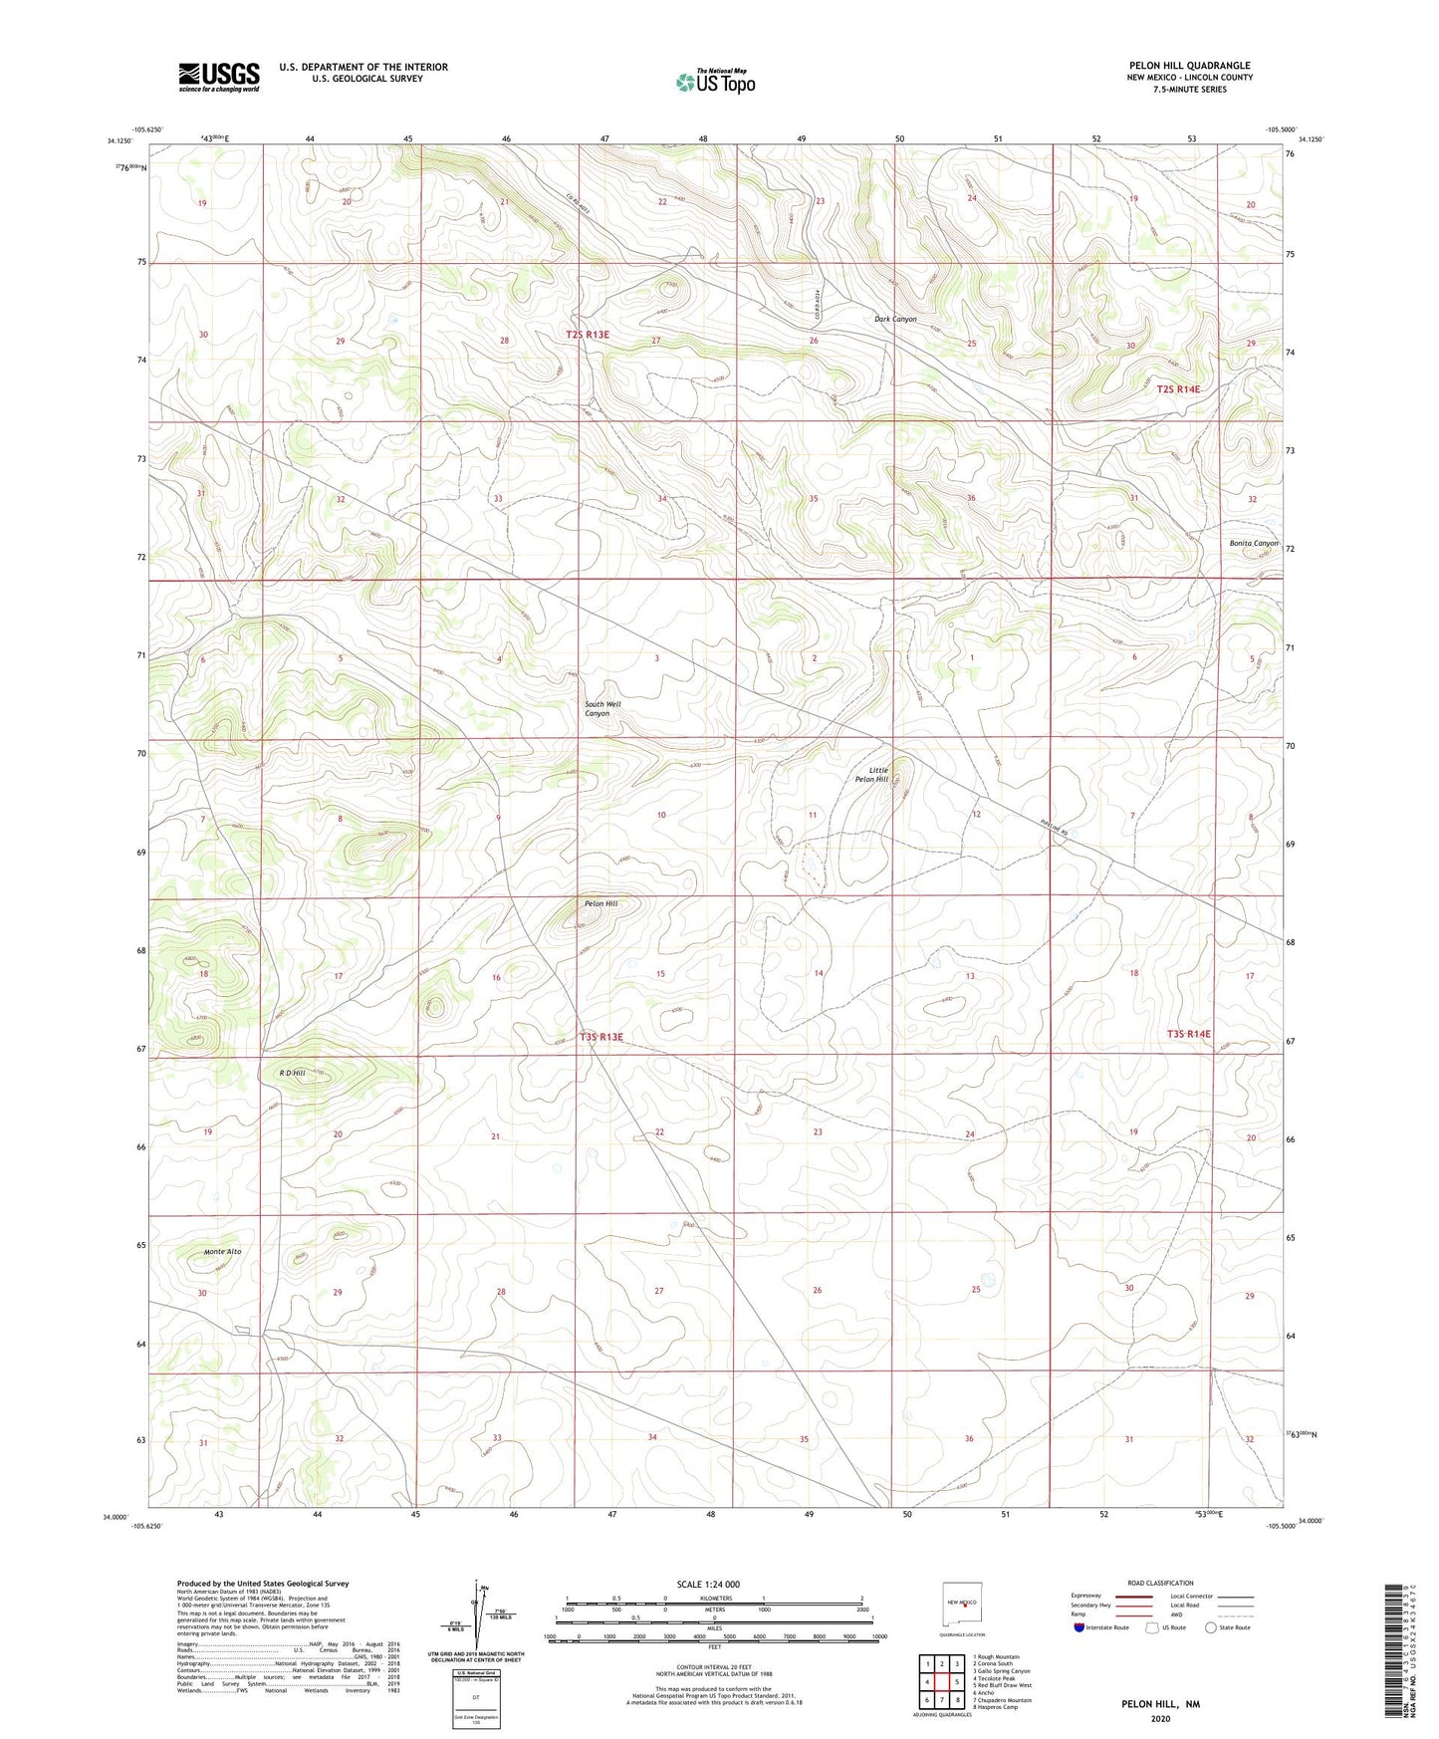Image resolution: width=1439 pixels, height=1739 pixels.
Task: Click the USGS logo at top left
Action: [219, 76]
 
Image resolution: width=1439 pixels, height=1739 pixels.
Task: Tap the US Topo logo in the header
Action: [715, 82]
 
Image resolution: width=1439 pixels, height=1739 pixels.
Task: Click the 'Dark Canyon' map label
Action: [894, 319]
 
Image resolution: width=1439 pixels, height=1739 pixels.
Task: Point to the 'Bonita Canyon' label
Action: [1253, 543]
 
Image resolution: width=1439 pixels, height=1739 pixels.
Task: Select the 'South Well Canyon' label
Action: [601, 708]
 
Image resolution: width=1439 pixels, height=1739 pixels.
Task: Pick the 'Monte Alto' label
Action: [222, 1251]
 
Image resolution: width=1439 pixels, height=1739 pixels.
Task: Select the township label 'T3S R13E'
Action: [600, 1037]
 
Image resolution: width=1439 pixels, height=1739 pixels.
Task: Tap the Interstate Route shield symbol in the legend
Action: [1080, 1627]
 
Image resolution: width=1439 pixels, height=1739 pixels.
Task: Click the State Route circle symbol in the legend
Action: [1211, 1627]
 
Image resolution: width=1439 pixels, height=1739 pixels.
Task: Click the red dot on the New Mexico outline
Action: [964, 1605]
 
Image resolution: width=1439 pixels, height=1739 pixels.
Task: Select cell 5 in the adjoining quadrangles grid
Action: [956, 1682]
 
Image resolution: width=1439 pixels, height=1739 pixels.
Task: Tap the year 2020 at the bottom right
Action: [1160, 1718]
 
